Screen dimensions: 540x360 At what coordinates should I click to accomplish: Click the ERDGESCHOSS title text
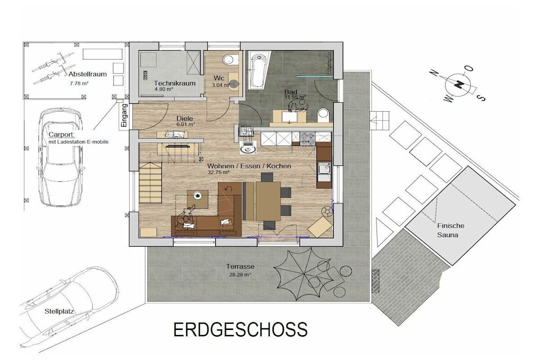pos(240,329)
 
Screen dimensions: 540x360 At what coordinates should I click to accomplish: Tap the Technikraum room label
pos(175,83)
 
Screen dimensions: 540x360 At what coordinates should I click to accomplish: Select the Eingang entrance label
pos(124,116)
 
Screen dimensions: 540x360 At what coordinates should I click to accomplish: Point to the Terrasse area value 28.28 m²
pos(240,275)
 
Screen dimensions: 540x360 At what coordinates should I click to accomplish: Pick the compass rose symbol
pos(458,84)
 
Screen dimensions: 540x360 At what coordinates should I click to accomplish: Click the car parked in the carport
pos(61,157)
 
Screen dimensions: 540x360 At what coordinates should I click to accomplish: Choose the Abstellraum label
pos(88,74)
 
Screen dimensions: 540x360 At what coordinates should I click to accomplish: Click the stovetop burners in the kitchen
pos(307,138)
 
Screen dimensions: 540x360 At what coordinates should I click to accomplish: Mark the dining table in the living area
pos(268,201)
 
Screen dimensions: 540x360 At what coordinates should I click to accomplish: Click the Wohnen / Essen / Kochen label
pos(249,166)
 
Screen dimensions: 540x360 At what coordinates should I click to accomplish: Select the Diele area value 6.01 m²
pos(186,124)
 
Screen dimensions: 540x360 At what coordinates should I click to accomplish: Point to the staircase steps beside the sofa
pos(150,182)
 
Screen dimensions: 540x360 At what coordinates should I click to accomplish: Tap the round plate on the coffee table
pos(198,196)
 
